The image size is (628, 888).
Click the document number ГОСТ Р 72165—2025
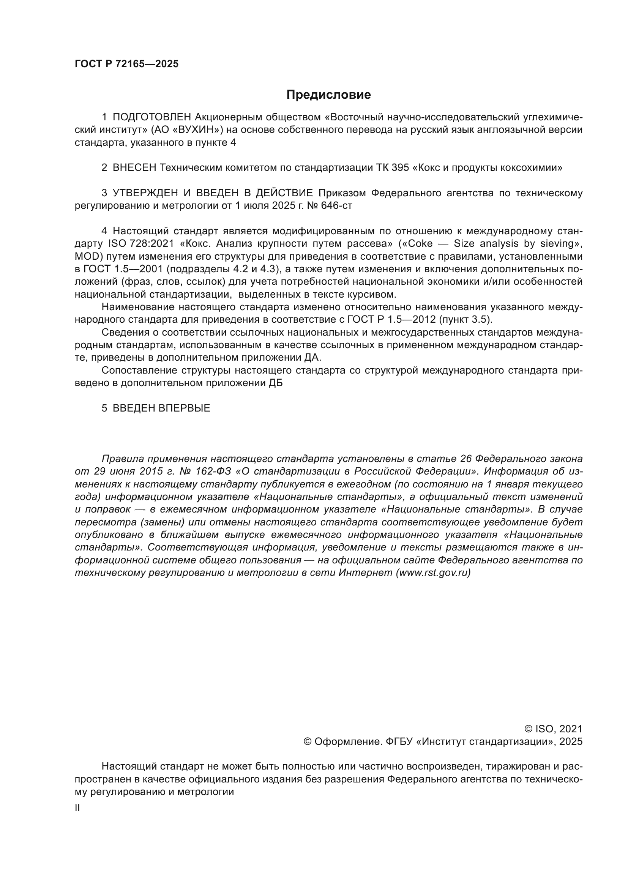click(126, 64)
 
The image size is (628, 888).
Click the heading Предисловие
click(328, 95)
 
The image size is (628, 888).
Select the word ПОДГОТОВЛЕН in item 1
click(152, 117)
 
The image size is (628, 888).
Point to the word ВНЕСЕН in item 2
click(134, 168)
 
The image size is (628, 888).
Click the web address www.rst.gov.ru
click(433, 573)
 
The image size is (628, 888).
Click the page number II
click(77, 808)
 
